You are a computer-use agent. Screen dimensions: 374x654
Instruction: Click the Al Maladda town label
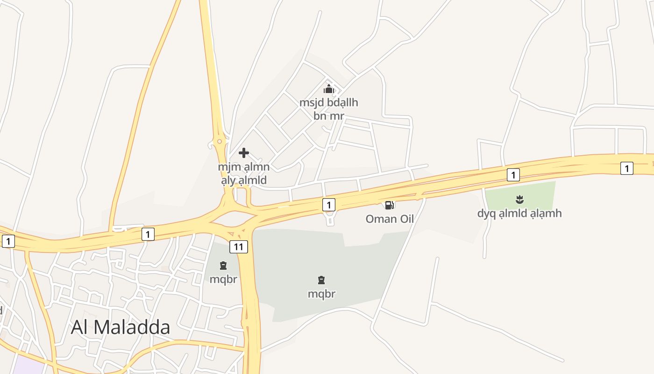120,327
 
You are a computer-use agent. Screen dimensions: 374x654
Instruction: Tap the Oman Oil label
390,219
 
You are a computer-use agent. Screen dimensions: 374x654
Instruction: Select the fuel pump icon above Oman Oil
389,205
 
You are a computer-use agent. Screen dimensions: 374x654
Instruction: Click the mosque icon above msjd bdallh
329,88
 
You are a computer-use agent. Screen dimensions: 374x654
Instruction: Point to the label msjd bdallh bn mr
329,109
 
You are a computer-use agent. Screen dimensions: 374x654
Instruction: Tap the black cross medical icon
244,153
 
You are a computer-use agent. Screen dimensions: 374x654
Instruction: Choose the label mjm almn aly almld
243,173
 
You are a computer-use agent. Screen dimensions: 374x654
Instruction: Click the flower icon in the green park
519,200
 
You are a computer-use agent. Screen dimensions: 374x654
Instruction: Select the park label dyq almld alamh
519,214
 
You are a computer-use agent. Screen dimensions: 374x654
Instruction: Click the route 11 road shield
238,247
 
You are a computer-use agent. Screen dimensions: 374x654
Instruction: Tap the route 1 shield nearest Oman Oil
329,205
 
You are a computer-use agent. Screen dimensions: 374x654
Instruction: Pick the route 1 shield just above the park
513,175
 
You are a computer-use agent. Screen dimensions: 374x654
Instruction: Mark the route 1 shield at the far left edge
8,241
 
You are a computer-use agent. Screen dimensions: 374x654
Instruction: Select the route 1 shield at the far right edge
627,168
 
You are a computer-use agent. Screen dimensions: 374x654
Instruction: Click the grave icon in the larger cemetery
321,280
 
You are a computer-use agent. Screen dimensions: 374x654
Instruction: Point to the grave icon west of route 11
223,266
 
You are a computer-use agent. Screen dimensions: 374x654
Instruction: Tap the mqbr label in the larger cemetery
321,294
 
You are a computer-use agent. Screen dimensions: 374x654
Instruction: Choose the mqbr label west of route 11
223,280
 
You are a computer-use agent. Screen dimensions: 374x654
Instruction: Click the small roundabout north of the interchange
220,141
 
